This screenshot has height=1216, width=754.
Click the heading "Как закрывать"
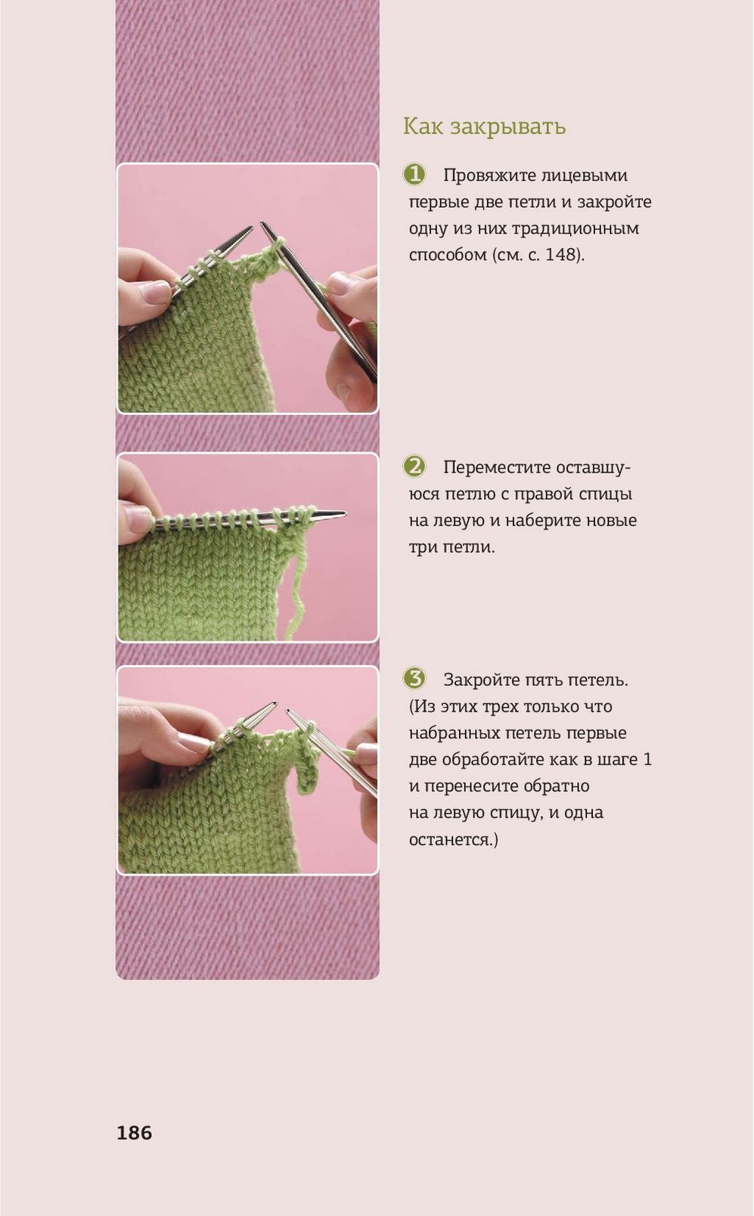[484, 127]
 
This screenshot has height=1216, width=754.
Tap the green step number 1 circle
[414, 175]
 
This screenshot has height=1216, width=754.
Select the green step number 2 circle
[414, 467]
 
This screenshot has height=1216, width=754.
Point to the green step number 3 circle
[414, 679]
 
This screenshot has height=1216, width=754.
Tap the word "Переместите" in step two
[492, 467]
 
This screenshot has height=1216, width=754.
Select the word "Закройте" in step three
[481, 680]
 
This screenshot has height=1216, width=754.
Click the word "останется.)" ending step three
[453, 840]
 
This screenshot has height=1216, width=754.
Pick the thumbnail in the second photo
[137, 520]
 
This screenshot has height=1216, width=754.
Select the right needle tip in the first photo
[264, 224]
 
